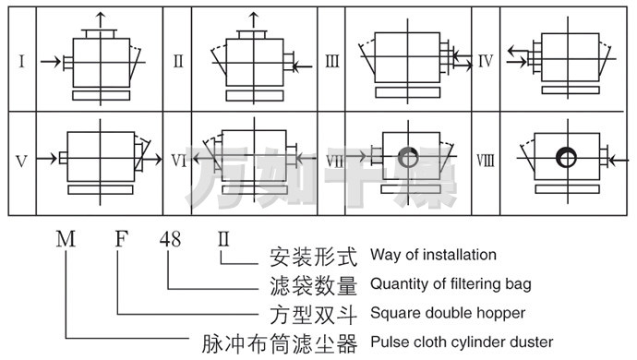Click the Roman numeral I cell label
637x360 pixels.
(22, 61)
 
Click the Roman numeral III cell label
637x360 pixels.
(332, 61)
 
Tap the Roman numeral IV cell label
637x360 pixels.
(486, 61)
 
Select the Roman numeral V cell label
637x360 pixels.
(22, 162)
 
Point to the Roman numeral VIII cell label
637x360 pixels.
(486, 161)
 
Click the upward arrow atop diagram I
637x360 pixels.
(101, 20)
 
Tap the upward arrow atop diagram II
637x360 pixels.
(254, 20)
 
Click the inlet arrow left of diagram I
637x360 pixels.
(51, 62)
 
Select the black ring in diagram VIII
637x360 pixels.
(566, 157)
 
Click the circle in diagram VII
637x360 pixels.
(408, 157)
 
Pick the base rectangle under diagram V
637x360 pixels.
(101, 190)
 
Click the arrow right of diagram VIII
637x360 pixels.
(619, 161)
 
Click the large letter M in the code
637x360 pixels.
(66, 239)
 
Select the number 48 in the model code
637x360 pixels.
(170, 239)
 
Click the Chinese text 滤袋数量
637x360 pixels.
(314, 285)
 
